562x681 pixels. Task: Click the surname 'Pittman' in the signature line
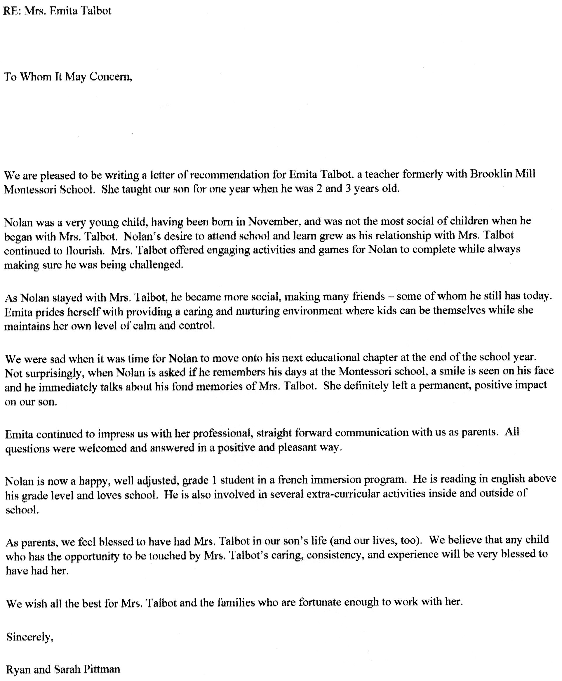pyautogui.click(x=102, y=669)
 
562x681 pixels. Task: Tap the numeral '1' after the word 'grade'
pyautogui.click(x=214, y=480)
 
